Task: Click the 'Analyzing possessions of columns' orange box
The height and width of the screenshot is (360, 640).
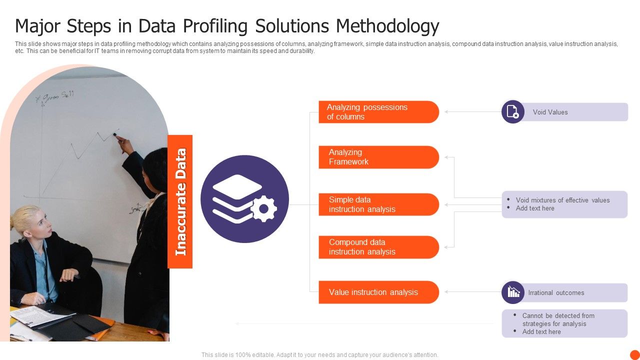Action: coord(378,112)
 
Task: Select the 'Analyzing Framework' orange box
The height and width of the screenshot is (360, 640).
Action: coord(378,157)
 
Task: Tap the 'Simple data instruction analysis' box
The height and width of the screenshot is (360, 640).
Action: coord(378,204)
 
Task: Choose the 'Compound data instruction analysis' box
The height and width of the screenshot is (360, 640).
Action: coord(378,247)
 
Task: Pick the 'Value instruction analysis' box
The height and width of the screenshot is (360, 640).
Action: coord(378,292)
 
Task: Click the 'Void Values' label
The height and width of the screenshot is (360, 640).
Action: coord(550,112)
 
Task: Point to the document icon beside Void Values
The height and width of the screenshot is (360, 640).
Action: coord(513,111)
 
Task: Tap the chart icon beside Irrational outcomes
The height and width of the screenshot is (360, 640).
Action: coord(513,292)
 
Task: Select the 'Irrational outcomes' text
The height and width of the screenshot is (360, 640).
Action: coord(556,292)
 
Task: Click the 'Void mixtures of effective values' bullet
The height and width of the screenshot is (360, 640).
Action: coord(562,200)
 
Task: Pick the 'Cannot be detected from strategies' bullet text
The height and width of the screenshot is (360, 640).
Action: coord(558,319)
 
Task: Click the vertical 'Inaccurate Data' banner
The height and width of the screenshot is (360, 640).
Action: coord(180,201)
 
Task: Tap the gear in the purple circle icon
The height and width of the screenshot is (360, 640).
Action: coord(263,209)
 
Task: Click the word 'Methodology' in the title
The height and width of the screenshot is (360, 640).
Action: coord(388,25)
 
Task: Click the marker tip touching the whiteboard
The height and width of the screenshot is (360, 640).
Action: coord(116,134)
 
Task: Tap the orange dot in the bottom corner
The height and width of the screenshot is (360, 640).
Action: coord(634,354)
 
